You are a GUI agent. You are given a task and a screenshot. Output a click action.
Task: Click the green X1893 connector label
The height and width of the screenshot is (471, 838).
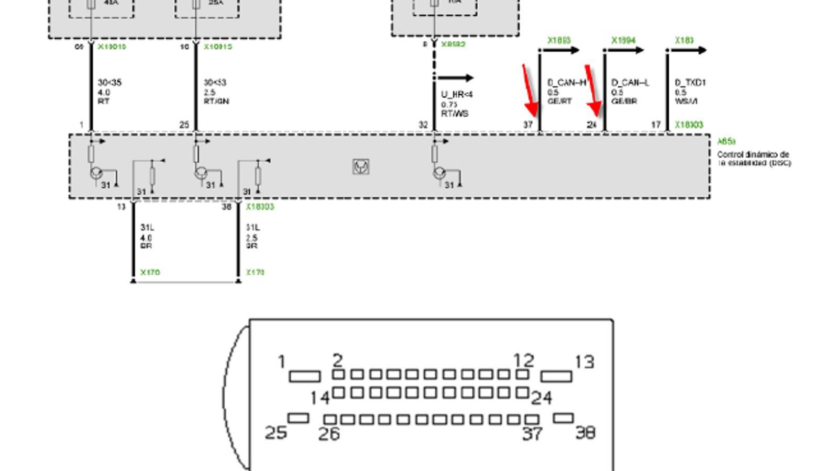(x=559, y=40)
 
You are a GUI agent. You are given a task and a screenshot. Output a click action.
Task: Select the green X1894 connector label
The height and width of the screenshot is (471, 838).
(x=623, y=40)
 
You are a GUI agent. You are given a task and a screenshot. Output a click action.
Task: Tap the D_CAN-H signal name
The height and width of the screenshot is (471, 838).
(x=566, y=83)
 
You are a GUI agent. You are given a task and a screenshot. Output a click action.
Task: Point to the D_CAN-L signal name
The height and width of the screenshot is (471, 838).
(x=630, y=83)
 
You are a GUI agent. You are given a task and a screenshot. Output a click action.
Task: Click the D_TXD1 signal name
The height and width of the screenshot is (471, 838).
(x=690, y=83)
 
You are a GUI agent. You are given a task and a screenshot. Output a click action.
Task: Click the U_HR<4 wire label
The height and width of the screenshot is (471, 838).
(x=457, y=95)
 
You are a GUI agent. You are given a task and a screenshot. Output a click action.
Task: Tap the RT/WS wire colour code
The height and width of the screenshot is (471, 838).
(x=455, y=114)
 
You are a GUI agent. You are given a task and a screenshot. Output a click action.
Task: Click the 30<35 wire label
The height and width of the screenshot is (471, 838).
(x=109, y=83)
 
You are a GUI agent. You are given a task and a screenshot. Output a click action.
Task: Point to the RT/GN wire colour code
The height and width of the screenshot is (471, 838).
(x=216, y=101)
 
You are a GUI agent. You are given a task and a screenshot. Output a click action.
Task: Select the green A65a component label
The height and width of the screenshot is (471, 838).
(x=726, y=141)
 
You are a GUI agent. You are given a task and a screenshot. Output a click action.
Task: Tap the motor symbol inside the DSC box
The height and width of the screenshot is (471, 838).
(x=361, y=166)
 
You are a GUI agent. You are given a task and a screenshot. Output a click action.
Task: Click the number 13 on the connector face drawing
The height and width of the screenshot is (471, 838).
(x=585, y=362)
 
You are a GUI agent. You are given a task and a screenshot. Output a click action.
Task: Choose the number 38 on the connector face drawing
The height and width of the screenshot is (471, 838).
(x=586, y=432)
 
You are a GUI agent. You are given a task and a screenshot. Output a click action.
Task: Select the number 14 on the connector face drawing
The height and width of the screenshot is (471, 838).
(x=320, y=398)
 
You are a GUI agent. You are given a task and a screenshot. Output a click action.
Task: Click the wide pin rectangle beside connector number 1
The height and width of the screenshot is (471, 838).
(x=305, y=376)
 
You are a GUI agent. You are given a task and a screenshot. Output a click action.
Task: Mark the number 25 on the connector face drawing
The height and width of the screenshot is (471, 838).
(x=275, y=433)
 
